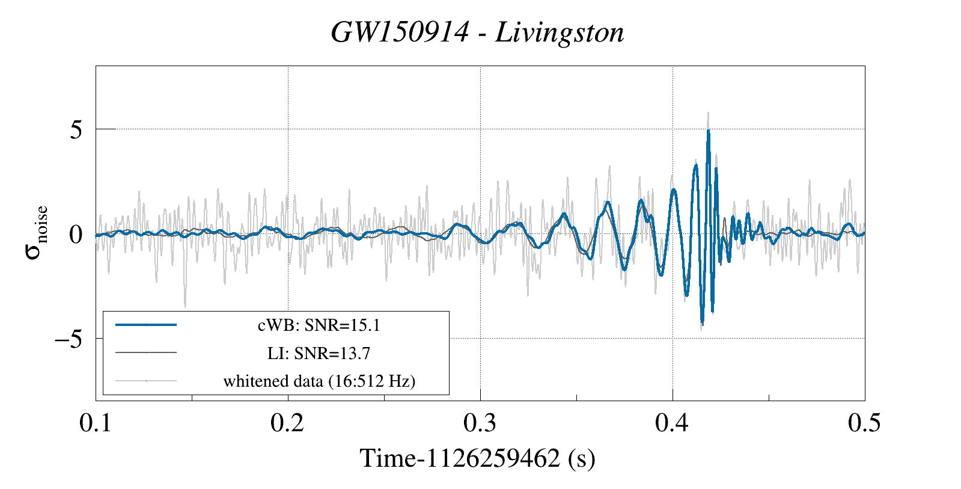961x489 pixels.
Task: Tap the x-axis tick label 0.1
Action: point(96,423)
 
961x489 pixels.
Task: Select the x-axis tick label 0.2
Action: point(287,423)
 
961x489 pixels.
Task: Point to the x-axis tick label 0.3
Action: point(480,423)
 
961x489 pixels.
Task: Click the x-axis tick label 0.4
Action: point(672,423)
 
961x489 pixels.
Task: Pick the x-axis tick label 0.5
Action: point(864,423)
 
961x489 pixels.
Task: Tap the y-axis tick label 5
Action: point(76,129)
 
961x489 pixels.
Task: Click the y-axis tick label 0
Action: point(76,235)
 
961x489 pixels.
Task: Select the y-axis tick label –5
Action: point(69,339)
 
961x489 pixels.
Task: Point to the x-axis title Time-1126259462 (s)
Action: point(477,458)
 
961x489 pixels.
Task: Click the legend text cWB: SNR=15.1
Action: point(319,325)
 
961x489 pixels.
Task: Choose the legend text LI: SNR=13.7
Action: point(319,353)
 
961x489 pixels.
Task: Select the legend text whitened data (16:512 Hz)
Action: point(319,381)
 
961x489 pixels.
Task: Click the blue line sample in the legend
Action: point(146,325)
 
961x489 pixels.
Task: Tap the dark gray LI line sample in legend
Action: point(146,352)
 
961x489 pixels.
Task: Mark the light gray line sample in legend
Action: point(146,380)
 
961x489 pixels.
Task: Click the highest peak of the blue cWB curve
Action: point(709,131)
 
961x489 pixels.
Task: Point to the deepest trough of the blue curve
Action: point(702,324)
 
